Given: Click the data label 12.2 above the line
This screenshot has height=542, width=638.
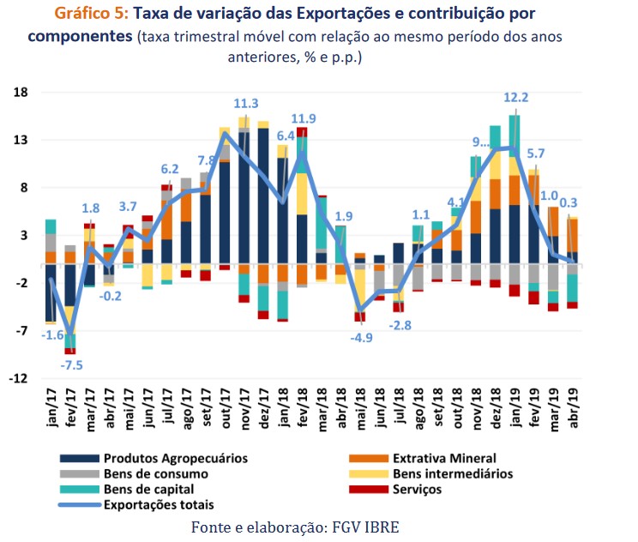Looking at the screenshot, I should [516, 98].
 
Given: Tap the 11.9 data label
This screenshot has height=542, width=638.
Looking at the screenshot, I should [304, 118].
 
